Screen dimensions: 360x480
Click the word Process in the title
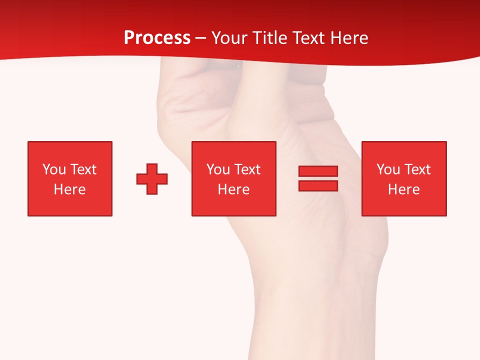pos(157,38)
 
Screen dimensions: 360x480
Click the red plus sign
pos(152,179)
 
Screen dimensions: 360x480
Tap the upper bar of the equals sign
pos(318,171)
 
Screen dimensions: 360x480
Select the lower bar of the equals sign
pos(318,185)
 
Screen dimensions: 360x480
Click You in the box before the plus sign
pos(54,169)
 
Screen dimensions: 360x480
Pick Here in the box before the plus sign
pos(69,189)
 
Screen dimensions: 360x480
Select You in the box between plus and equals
pos(218,169)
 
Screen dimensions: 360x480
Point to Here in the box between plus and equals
pos(233,189)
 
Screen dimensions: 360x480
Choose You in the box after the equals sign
pos(388,169)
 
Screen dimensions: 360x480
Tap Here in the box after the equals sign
pos(403,189)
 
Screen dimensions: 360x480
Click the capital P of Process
pos(129,38)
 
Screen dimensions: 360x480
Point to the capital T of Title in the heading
pos(259,38)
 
